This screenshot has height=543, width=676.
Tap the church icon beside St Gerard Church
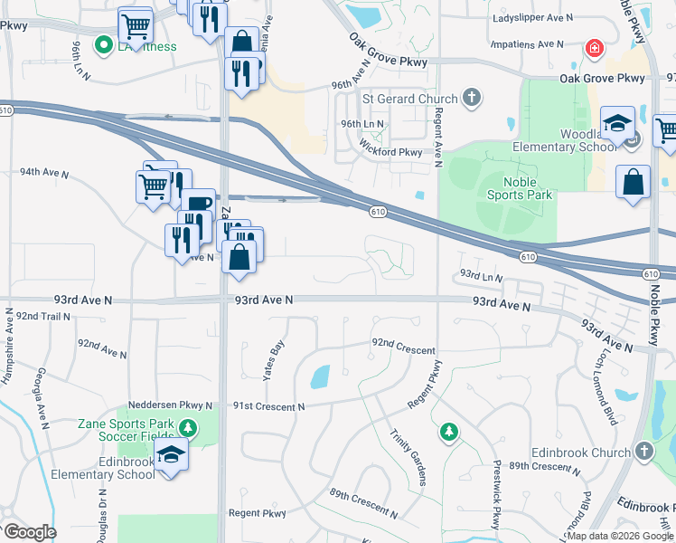[x=471, y=97]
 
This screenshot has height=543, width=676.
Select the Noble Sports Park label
[x=518, y=188]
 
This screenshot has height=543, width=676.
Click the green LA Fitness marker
[x=104, y=43]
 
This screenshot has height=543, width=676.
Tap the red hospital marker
[x=594, y=48]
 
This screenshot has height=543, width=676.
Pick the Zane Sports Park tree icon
[x=187, y=427]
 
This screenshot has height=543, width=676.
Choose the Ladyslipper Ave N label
[x=532, y=17]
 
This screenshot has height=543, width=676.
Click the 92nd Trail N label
[x=42, y=316]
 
